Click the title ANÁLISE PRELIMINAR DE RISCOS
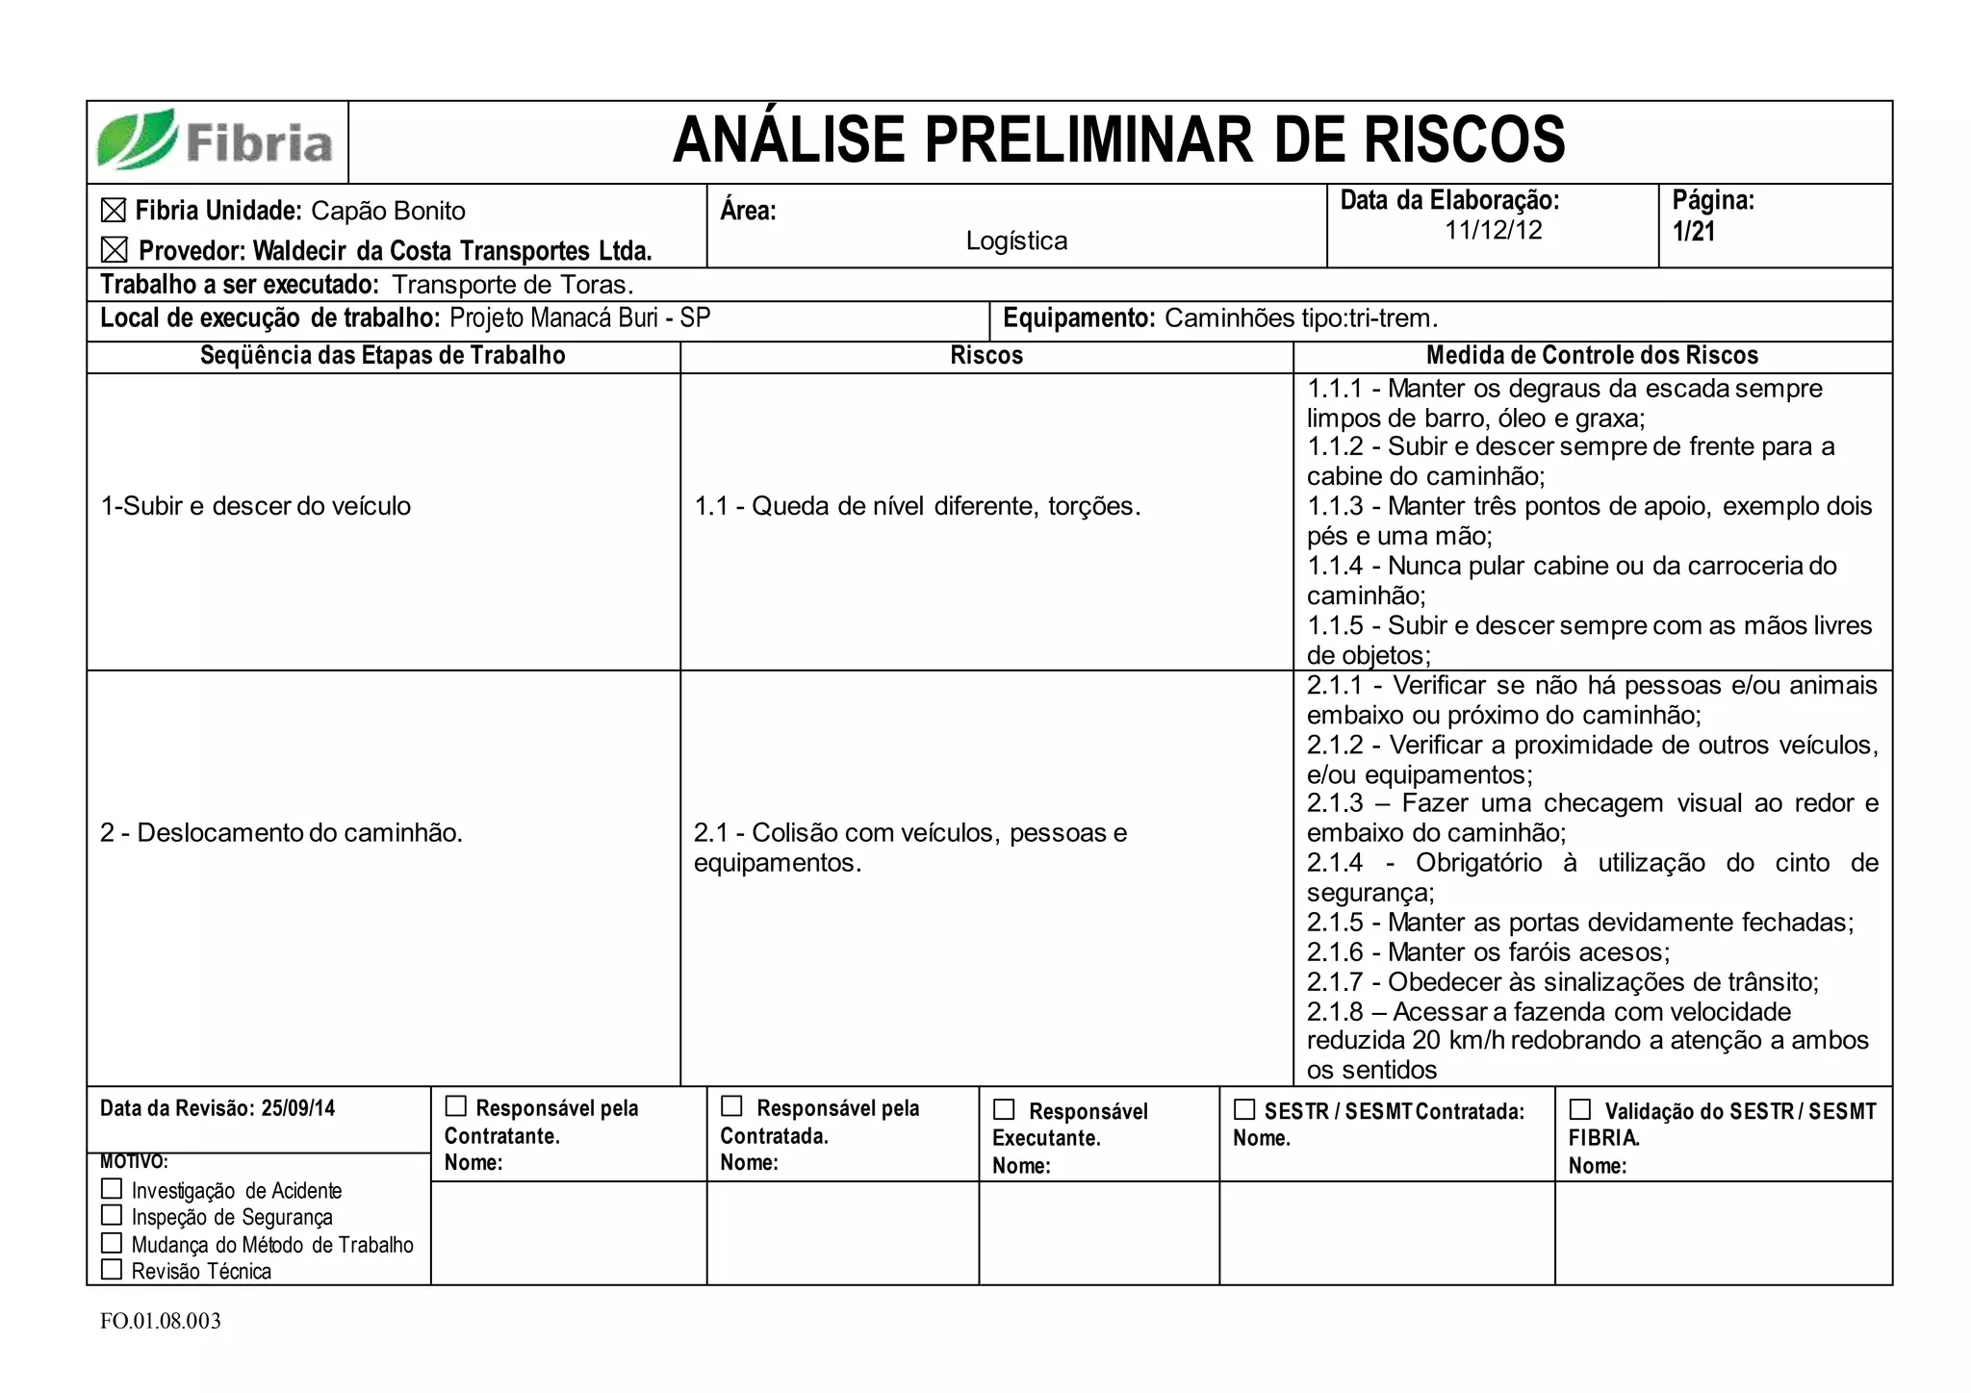(1118, 140)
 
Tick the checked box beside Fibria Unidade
(114, 211)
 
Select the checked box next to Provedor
(114, 251)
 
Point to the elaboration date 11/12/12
(1493, 231)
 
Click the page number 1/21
(1693, 232)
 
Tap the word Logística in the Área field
(1016, 241)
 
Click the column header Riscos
(985, 356)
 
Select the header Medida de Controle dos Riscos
(1592, 356)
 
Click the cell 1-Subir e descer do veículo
(256, 506)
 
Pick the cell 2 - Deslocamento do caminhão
(281, 833)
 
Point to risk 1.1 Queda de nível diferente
(917, 506)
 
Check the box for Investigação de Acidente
(112, 1189)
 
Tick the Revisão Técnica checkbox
(112, 1270)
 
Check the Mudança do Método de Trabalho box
(112, 1243)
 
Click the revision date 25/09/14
(298, 1108)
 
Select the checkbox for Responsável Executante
(1004, 1110)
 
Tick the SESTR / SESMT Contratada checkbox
(1244, 1110)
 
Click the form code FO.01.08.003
(161, 1321)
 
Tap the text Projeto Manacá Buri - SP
(579, 318)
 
